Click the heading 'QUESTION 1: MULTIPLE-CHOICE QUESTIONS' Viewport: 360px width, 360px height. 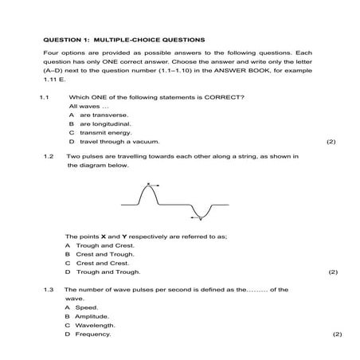123,38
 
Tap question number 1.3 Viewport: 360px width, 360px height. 49,290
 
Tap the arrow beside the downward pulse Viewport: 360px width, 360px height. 194,214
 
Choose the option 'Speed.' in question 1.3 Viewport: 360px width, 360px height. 85,307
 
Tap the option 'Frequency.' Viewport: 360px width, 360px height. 92,334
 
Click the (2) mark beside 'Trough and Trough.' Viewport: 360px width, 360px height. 333,272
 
